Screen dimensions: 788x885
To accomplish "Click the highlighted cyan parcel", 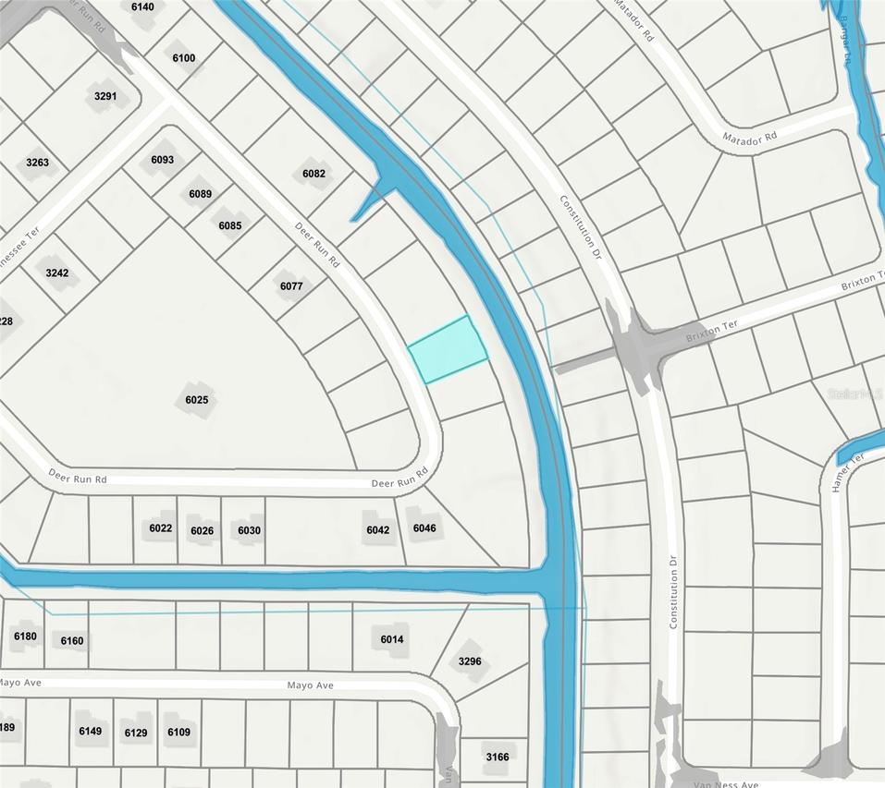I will click(448, 349).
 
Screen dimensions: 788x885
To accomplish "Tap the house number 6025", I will click(196, 400).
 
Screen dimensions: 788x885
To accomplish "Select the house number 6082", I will click(314, 174).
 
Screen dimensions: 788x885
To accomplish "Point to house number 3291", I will click(106, 96).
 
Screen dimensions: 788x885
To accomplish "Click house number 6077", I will click(291, 286).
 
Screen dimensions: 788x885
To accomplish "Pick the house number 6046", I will click(424, 528).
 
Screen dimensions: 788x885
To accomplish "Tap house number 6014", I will click(392, 639).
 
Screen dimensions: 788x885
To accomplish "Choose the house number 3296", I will click(470, 661).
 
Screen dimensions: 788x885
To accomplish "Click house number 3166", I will click(497, 758).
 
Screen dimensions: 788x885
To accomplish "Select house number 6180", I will click(25, 636).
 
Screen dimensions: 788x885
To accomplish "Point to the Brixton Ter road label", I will click(712, 332).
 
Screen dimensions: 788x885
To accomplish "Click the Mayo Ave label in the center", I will click(310, 685).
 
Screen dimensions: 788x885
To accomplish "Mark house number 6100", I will click(184, 58).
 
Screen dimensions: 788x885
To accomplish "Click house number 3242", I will click(57, 273).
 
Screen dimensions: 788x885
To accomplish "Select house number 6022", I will click(161, 528).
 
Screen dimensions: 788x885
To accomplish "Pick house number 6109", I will click(178, 733).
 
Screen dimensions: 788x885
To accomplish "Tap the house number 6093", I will click(162, 160).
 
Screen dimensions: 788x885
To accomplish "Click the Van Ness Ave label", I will click(725, 783).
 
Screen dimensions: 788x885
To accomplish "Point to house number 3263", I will click(38, 164).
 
